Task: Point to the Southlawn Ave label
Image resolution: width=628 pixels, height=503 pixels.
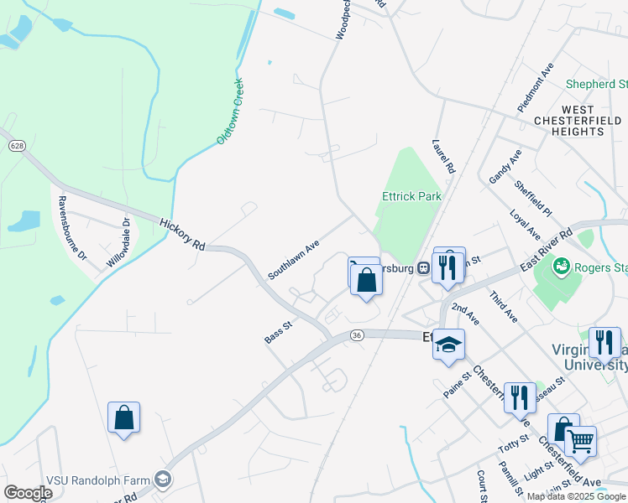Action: click(294, 260)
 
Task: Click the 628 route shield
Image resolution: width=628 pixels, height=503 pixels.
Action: click(17, 146)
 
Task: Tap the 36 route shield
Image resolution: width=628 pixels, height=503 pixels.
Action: click(357, 335)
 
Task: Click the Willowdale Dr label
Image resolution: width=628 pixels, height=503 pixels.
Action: click(118, 244)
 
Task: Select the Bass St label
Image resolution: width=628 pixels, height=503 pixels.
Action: click(276, 332)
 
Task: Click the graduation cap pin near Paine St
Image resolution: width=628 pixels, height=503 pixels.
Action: click(448, 345)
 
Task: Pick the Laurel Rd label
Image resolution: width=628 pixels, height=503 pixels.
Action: click(443, 156)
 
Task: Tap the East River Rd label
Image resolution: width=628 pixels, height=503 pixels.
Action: click(546, 248)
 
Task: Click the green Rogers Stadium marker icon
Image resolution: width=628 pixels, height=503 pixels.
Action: click(561, 267)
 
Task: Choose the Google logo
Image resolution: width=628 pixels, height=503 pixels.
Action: click(28, 492)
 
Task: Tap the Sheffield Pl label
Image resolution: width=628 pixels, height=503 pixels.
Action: click(533, 199)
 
